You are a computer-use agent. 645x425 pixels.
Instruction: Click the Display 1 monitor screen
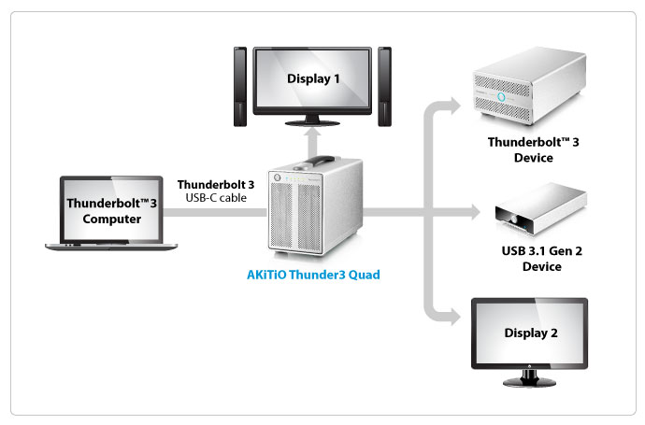(x=313, y=79)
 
